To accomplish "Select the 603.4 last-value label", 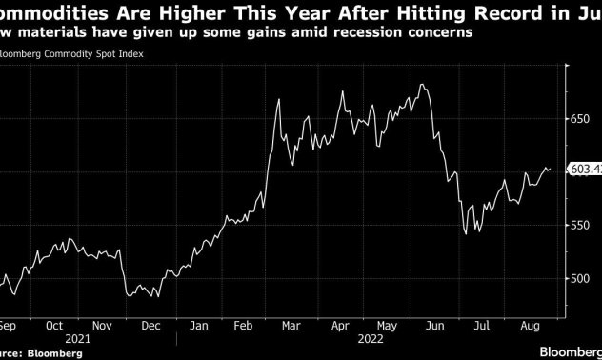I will pyautogui.click(x=587, y=170).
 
